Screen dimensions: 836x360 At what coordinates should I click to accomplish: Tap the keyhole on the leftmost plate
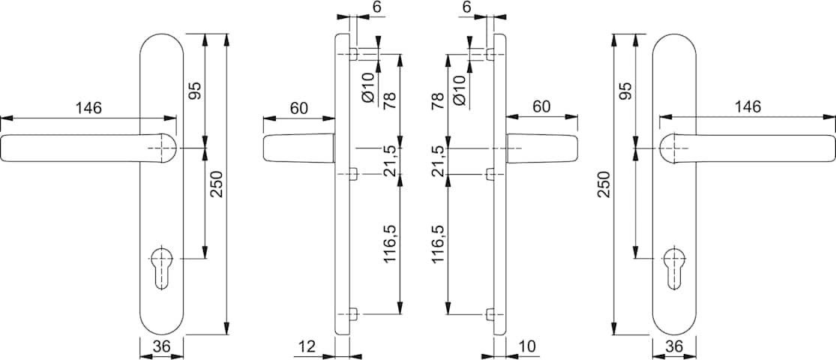point(161,268)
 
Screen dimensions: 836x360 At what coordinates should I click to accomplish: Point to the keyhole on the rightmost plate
point(675,268)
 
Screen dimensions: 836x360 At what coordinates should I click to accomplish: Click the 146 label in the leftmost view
point(88,108)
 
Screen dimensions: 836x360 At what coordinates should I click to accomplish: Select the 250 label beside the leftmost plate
point(217,184)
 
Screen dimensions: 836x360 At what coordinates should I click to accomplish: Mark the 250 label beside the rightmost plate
point(603,184)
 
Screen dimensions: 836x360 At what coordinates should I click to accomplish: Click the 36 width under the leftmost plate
point(161,346)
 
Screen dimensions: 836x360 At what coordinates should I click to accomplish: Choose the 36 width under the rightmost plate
point(675,346)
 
